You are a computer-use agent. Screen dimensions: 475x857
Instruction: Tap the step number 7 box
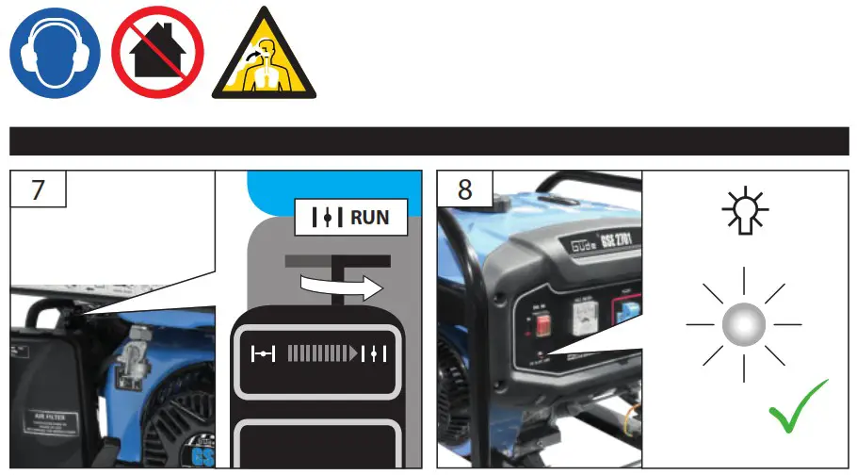[x=38, y=188]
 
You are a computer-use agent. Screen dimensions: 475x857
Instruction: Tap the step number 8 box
[x=465, y=188]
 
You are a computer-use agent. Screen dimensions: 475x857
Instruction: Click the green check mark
[x=798, y=406]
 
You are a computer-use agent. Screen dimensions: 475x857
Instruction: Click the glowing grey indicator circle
[x=743, y=325]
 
